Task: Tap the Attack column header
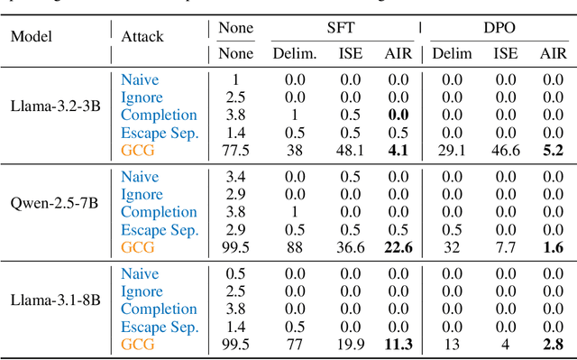tap(143, 37)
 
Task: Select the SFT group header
tap(341, 28)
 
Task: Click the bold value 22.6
tap(394, 247)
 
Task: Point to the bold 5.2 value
tap(553, 151)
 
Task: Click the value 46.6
tap(505, 151)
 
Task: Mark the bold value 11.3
tap(394, 345)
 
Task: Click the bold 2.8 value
tap(553, 345)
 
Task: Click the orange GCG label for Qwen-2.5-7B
tap(138, 247)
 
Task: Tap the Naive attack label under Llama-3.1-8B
tap(140, 274)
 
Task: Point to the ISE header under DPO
tap(505, 54)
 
